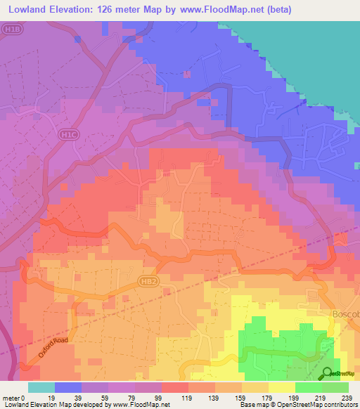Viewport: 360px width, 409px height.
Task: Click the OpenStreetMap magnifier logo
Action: point(328,372)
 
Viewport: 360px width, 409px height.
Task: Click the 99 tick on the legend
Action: point(161,398)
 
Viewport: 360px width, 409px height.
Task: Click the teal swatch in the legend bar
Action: point(41,387)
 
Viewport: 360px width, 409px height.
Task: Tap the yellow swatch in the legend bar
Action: point(281,387)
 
